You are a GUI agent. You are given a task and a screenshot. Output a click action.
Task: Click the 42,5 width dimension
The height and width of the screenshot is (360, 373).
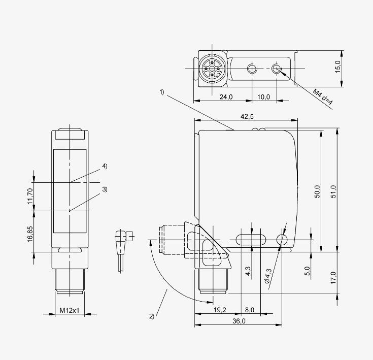pyautogui.click(x=247, y=116)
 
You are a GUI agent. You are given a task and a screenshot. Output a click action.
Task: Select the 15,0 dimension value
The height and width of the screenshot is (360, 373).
pyautogui.click(x=337, y=67)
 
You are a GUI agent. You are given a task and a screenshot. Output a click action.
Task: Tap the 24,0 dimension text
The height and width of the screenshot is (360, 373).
pyautogui.click(x=226, y=97)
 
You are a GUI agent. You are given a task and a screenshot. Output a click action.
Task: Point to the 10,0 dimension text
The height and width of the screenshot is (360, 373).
pyautogui.click(x=263, y=97)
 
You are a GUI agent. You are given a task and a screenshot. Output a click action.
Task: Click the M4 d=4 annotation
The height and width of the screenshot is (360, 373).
pyautogui.click(x=323, y=97)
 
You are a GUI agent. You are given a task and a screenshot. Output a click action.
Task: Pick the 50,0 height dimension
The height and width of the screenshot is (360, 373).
pyautogui.click(x=317, y=191)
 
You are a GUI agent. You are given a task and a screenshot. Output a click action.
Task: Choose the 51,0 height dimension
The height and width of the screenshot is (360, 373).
pyautogui.click(x=333, y=191)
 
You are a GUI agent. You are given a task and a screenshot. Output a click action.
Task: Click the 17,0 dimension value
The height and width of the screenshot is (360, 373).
pyautogui.click(x=333, y=277)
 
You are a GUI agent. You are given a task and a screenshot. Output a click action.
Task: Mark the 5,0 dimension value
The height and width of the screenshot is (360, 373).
pyautogui.click(x=308, y=271)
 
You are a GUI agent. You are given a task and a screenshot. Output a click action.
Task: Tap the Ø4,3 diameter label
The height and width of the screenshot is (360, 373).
pyautogui.click(x=268, y=276)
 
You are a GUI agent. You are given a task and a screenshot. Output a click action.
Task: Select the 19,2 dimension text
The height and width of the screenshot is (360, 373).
pyautogui.click(x=220, y=310)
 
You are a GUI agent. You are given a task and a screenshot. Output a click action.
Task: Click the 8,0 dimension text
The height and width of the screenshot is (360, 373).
pyautogui.click(x=250, y=310)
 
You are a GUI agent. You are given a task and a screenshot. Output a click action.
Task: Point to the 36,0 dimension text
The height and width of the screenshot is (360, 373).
pyautogui.click(x=239, y=321)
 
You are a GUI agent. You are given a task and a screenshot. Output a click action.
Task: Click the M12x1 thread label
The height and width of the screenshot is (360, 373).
pyautogui.click(x=69, y=310)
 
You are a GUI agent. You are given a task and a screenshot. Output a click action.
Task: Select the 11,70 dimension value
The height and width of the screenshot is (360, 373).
pyautogui.click(x=30, y=196)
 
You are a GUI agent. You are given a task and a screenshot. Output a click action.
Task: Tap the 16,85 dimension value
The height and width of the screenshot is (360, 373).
pyautogui.click(x=30, y=234)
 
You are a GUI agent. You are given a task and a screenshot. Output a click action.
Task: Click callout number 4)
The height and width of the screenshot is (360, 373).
pyautogui.click(x=105, y=166)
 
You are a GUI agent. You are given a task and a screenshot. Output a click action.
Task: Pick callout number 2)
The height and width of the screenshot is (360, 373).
pyautogui.click(x=152, y=316)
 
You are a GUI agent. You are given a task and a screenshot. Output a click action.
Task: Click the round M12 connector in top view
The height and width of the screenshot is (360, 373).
pyautogui.click(x=212, y=69)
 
